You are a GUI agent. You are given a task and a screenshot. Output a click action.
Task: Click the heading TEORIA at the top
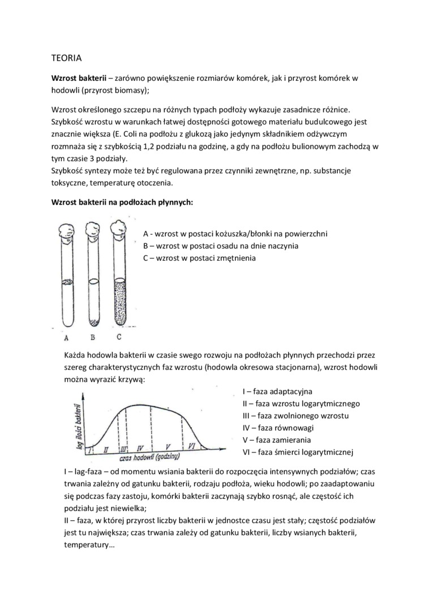tap(67, 58)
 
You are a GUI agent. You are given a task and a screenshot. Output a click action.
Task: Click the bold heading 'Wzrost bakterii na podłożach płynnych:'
tap(122, 202)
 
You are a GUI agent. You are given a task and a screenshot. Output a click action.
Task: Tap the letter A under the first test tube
tap(67, 338)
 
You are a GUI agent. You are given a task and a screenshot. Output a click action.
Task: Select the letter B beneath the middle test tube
tap(92, 338)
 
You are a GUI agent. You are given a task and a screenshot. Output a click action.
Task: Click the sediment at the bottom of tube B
tap(93, 325)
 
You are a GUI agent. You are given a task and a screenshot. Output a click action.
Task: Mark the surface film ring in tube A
tap(67, 281)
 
